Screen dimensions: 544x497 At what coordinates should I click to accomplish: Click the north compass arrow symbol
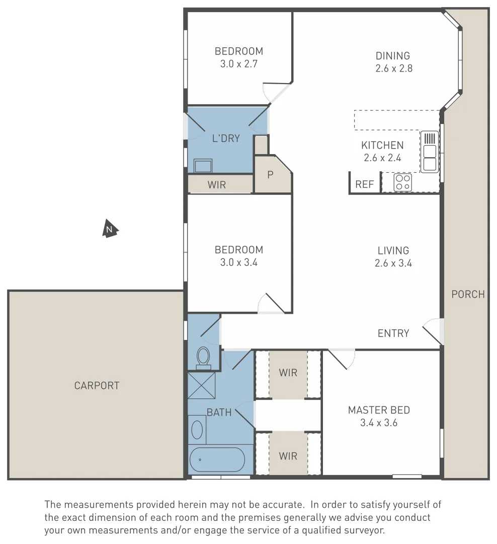[110, 229]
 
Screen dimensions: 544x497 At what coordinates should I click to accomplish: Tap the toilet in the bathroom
[203, 356]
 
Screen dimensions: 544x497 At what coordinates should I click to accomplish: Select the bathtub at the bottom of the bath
[217, 459]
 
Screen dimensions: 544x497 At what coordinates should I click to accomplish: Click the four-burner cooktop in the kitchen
[403, 182]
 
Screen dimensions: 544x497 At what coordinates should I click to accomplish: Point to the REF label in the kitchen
[365, 184]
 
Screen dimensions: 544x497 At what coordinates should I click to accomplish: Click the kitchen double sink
[430, 152]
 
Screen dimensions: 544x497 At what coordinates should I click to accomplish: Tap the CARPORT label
[97, 386]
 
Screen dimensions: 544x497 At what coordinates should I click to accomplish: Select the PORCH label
[468, 294]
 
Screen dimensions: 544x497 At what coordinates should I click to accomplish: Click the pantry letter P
[270, 175]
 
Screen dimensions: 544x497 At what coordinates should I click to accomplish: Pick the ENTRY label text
[393, 333]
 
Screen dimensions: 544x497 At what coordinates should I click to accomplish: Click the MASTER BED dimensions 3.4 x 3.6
[379, 423]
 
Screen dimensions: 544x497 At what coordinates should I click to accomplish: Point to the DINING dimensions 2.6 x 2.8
[393, 69]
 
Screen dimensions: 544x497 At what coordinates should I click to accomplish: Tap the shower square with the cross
[201, 385]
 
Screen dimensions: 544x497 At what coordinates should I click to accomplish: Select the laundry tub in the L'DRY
[203, 165]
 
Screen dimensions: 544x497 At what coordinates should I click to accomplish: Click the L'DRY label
[225, 139]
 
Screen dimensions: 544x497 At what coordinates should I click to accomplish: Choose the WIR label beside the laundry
[217, 185]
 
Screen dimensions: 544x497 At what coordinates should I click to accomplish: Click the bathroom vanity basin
[198, 430]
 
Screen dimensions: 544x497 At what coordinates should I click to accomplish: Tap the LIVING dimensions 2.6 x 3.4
[393, 263]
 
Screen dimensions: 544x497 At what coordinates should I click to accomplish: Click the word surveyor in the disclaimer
[365, 530]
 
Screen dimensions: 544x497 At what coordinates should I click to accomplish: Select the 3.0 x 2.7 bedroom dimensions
[238, 64]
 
